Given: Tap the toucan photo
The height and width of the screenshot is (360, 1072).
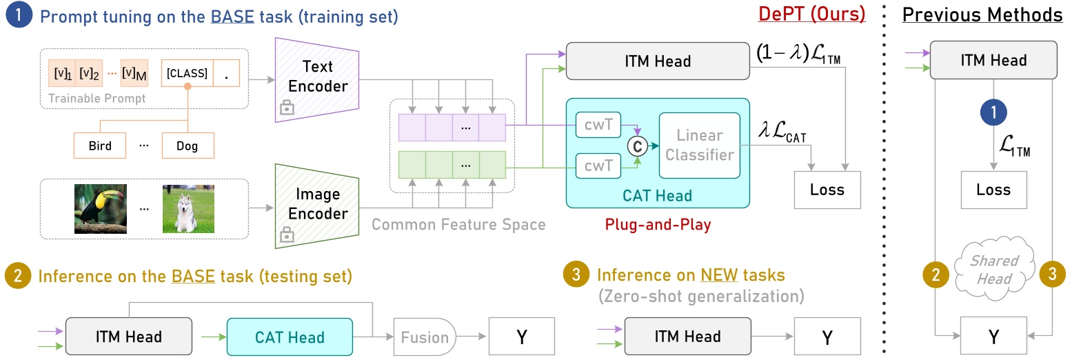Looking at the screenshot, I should (x=101, y=207).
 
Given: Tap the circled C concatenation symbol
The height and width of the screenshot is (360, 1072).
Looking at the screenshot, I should (x=636, y=146).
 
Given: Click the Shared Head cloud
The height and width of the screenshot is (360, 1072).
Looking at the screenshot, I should (x=993, y=270).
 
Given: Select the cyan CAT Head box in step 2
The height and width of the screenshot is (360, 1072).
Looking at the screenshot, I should (x=289, y=337).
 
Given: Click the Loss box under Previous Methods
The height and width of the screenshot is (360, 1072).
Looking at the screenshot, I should (x=993, y=190).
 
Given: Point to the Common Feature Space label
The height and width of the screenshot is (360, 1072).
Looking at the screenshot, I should (x=458, y=224).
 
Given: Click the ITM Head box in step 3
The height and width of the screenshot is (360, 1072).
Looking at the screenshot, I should (x=687, y=337).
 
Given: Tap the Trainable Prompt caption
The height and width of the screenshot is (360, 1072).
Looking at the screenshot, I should (x=97, y=99).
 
